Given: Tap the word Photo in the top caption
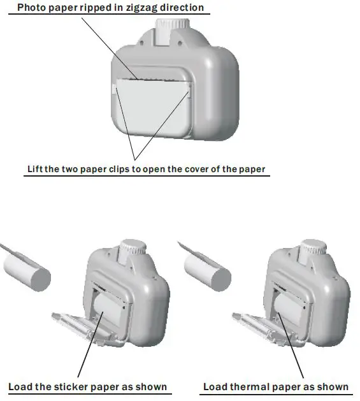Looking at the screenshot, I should (32, 8).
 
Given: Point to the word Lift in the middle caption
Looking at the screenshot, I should (36, 170).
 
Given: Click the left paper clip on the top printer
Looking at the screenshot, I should (114, 90).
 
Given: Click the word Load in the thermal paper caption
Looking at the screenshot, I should (215, 386).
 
